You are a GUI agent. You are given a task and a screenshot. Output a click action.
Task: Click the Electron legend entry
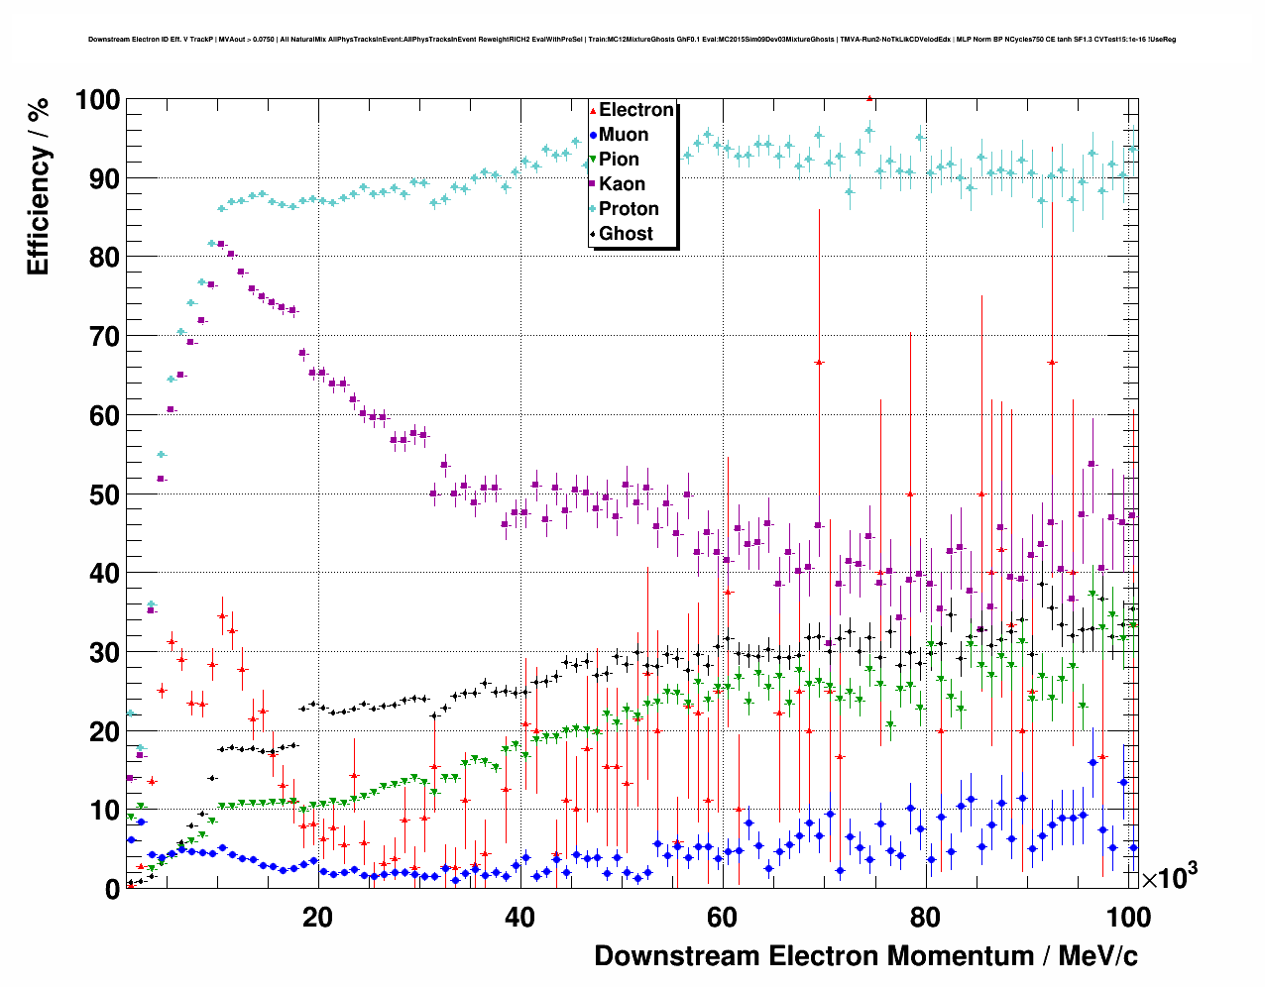(635, 110)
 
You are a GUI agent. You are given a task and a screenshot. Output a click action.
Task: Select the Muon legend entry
(624, 135)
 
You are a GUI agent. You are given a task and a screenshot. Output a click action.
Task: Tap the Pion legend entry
(619, 160)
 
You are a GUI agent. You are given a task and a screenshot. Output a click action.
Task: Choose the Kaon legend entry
(622, 184)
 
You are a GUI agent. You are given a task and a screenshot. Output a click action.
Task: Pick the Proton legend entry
(629, 209)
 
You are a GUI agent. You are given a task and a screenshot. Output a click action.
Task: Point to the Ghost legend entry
(626, 234)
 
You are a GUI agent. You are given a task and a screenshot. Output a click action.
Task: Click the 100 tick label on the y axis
(96, 100)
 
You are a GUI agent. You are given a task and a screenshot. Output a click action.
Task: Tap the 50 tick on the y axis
(104, 494)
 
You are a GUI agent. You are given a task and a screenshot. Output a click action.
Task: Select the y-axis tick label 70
(104, 337)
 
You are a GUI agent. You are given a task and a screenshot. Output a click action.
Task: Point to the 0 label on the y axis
(112, 890)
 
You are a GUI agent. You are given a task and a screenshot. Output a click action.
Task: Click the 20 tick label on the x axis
(317, 918)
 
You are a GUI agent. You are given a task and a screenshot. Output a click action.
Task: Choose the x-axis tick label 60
(722, 918)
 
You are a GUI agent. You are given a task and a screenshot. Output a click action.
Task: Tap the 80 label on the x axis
(925, 918)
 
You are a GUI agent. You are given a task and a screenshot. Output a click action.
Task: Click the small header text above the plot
(632, 40)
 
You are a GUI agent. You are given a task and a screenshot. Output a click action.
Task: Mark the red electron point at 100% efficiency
(869, 98)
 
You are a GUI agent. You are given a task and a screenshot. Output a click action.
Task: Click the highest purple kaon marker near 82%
(221, 244)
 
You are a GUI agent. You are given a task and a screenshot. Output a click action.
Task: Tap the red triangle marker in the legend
(593, 111)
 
